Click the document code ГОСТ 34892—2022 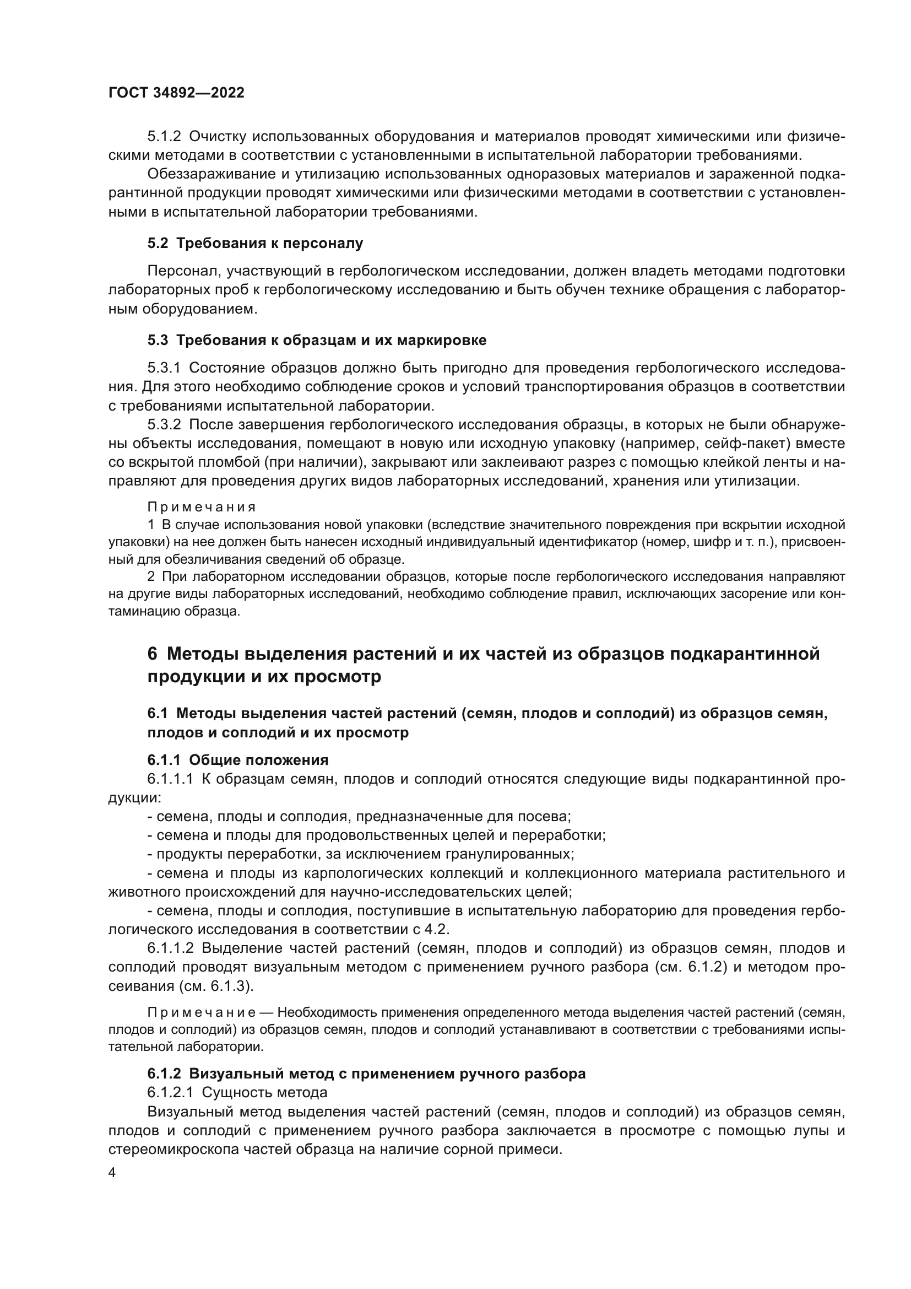click(176, 93)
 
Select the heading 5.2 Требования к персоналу click(255, 243)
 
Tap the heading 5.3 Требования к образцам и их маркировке click(317, 340)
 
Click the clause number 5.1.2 click(164, 137)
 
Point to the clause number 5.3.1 click(164, 368)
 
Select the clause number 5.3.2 click(164, 424)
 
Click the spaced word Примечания click(202, 507)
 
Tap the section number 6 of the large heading click(153, 654)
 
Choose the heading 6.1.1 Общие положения click(238, 760)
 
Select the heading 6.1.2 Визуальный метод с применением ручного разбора click(366, 1074)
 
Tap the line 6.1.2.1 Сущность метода click(237, 1092)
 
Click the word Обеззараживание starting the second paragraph click(209, 174)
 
